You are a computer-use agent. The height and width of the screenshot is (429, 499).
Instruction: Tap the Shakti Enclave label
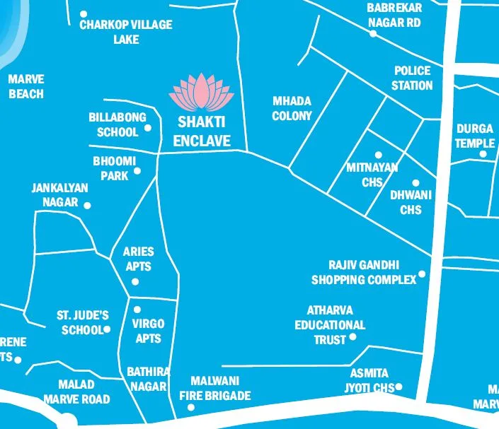(x=202, y=132)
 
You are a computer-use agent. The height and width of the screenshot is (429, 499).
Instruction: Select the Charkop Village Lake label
(x=125, y=32)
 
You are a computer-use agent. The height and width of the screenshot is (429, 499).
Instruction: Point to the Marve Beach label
(x=26, y=87)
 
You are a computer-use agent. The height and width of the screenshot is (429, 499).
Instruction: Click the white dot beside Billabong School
(x=148, y=128)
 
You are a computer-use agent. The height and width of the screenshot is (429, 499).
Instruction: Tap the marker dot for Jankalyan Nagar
(x=87, y=206)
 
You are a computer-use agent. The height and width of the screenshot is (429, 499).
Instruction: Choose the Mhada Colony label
(x=292, y=108)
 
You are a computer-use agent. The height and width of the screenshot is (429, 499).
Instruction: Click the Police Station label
(x=412, y=78)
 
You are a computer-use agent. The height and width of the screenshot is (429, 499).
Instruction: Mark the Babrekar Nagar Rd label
(x=394, y=15)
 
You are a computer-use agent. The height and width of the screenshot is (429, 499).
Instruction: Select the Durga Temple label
(x=474, y=136)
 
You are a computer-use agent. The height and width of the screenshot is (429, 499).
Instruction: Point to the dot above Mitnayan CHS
(x=378, y=155)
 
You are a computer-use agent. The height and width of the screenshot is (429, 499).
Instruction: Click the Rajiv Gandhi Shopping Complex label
(x=364, y=272)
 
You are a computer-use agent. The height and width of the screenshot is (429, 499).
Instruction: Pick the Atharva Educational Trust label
(x=330, y=325)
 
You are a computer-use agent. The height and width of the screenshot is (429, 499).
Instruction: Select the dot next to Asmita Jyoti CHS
(x=399, y=387)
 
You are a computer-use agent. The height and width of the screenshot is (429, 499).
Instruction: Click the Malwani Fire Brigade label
(x=220, y=388)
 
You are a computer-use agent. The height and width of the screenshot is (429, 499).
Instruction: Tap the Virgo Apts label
(x=148, y=331)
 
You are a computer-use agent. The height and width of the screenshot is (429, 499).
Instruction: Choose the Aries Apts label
(x=138, y=259)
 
